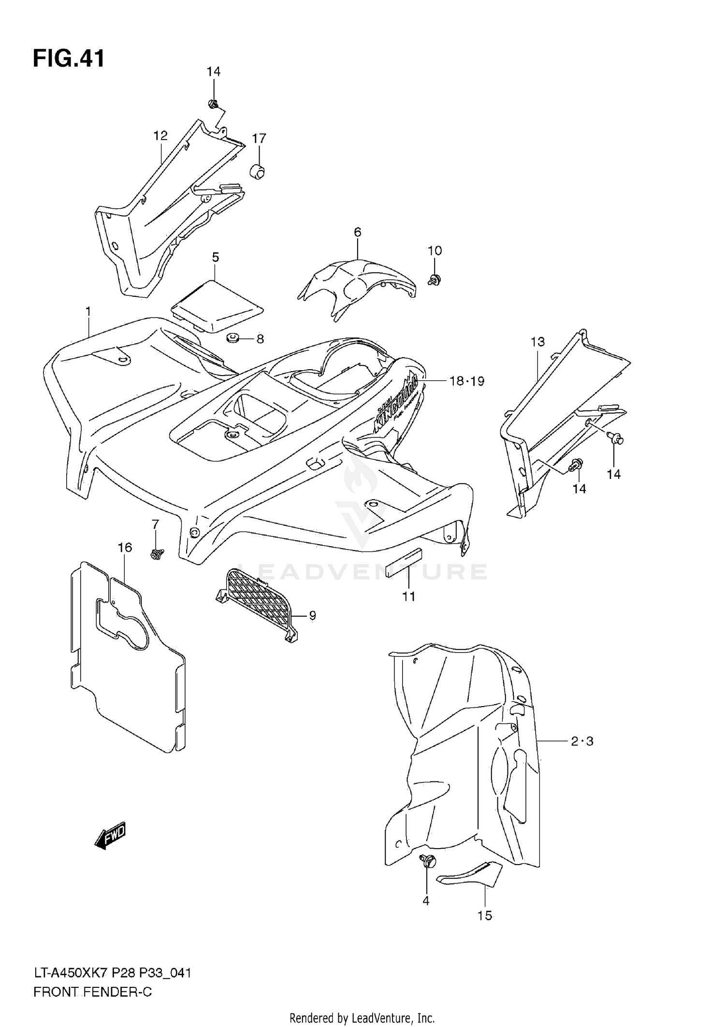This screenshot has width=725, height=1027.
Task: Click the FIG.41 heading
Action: pos(69,59)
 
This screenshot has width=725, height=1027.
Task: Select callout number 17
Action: pos(259,139)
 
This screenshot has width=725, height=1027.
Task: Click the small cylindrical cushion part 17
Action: pos(258,171)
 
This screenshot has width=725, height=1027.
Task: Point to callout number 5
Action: pos(216,257)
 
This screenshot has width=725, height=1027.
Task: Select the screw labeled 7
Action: pos(156,554)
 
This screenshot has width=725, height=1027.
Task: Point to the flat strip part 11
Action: pos(404,563)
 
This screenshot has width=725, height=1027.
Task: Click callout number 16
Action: pos(125,548)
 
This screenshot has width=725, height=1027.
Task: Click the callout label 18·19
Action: pos(466,381)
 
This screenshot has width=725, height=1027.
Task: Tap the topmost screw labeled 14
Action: pos(213,103)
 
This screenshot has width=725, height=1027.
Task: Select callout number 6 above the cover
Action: pos(357,232)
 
